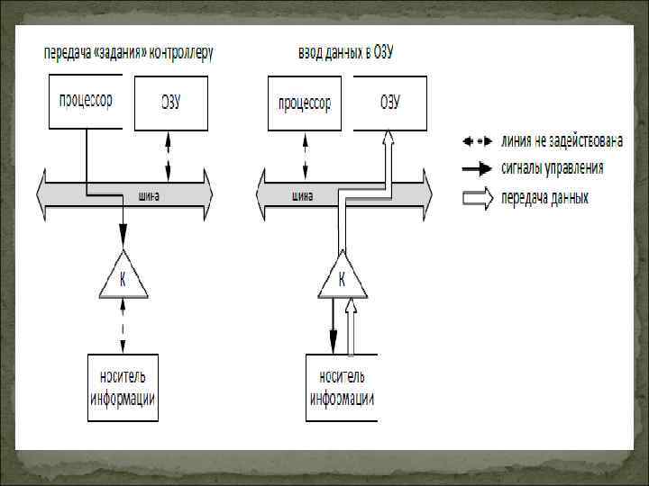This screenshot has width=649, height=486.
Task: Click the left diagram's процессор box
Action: click(x=86, y=102)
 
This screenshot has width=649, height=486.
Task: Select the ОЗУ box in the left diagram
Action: click(x=170, y=103)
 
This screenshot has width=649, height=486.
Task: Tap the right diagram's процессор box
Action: click(x=305, y=103)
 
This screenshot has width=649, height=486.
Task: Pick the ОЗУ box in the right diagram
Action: click(x=389, y=103)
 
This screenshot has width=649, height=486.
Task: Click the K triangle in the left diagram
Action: click(x=123, y=278)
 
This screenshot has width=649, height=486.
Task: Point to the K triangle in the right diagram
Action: click(x=343, y=278)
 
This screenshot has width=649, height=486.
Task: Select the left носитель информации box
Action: click(x=123, y=388)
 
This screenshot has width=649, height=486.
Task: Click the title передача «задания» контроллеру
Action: click(x=129, y=54)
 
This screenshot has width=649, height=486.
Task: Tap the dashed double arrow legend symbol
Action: click(x=478, y=141)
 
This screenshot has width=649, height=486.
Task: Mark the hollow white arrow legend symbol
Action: click(x=478, y=197)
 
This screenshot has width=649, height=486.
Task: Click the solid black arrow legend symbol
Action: click(x=478, y=169)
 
